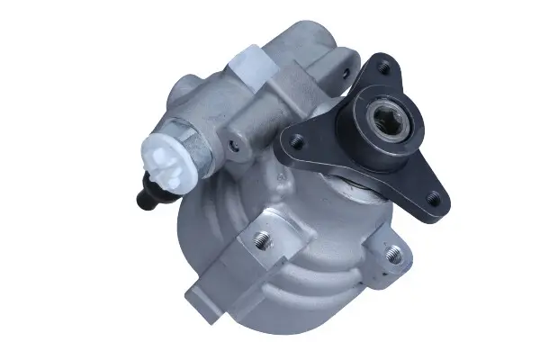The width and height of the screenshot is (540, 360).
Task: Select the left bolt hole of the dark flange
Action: [x=292, y=139]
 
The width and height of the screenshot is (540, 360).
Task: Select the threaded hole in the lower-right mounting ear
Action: [x=392, y=255]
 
